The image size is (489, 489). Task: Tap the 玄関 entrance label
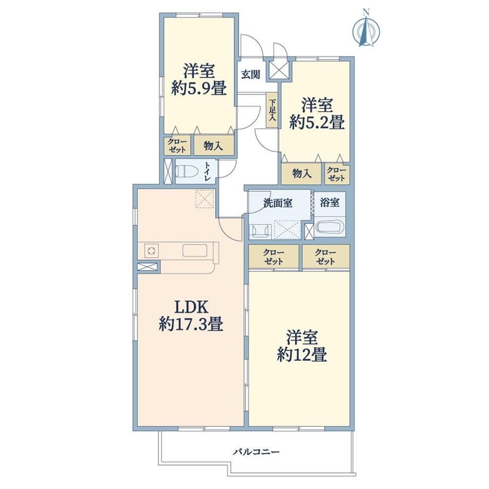251,74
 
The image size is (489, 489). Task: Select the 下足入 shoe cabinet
272,111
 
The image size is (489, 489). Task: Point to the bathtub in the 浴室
330,227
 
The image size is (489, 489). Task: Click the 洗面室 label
278,204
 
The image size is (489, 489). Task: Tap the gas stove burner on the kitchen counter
151,250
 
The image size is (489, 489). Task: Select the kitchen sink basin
195,250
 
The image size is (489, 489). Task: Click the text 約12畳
302,355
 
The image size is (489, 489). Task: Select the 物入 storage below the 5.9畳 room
214,145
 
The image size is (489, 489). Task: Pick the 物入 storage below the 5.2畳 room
301,174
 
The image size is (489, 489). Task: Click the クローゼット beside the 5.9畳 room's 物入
177,145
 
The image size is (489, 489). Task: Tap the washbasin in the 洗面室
260,231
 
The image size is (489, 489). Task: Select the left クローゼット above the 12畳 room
274,256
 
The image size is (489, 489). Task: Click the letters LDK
191,307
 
